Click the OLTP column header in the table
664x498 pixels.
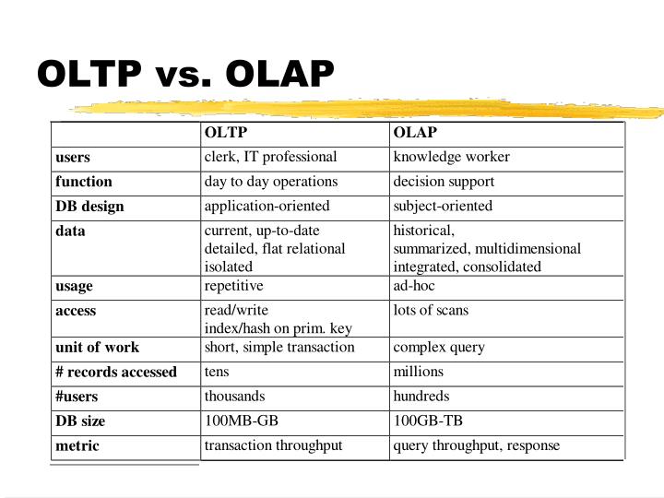pyautogui.click(x=226, y=133)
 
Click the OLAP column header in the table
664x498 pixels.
pyautogui.click(x=415, y=133)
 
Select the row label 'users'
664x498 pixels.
pyautogui.click(x=73, y=158)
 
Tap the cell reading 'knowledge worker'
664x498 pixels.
pyautogui.click(x=451, y=157)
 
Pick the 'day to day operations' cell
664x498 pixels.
pyautogui.click(x=271, y=182)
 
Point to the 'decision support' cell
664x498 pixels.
pyautogui.click(x=444, y=182)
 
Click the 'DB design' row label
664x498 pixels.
pyautogui.click(x=89, y=207)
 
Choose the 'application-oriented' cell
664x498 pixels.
pyautogui.click(x=267, y=206)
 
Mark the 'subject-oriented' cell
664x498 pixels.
pyautogui.click(x=443, y=206)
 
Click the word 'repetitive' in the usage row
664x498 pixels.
pyautogui.click(x=233, y=286)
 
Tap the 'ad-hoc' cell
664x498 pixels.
pyautogui.click(x=414, y=286)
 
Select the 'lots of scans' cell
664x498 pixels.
pyautogui.click(x=431, y=311)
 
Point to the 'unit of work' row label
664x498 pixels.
pyautogui.click(x=97, y=348)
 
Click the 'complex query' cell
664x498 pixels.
pyautogui.click(x=439, y=348)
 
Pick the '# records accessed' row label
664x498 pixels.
pyautogui.click(x=116, y=373)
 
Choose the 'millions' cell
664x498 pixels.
pyautogui.click(x=418, y=372)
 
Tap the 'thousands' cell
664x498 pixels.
pyautogui.click(x=234, y=397)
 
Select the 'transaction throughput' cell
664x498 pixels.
pyautogui.click(x=273, y=445)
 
